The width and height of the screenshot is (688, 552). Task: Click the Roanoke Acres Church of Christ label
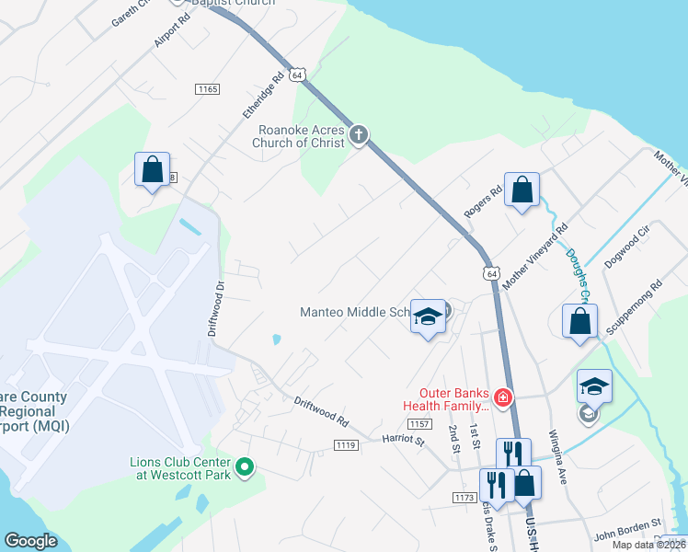click(x=301, y=136)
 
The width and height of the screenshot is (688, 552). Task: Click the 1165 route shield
click(x=207, y=88)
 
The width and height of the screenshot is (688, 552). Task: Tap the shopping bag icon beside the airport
click(x=152, y=170)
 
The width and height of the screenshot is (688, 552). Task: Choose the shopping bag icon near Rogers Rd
click(x=522, y=191)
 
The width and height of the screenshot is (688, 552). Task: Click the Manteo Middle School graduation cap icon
click(x=427, y=317)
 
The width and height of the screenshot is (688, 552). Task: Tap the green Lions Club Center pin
click(x=245, y=467)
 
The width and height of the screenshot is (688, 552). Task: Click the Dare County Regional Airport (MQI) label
click(x=33, y=411)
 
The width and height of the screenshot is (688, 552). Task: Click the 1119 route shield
click(x=346, y=445)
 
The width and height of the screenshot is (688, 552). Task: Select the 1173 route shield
click(x=464, y=498)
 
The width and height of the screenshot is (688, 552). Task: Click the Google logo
click(x=31, y=541)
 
